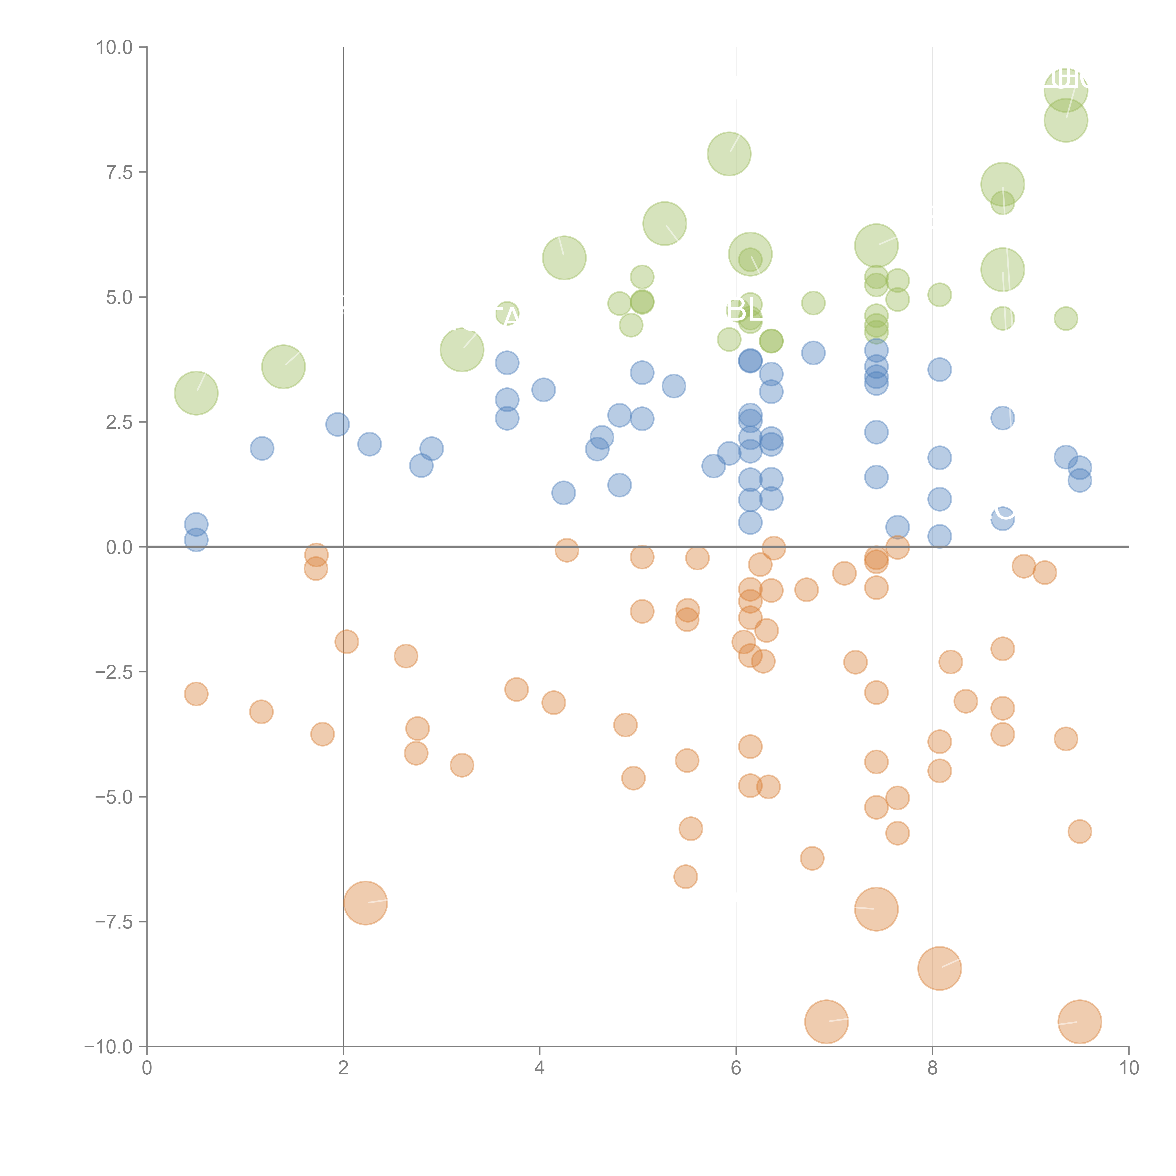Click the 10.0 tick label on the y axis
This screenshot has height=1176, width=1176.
pos(115,48)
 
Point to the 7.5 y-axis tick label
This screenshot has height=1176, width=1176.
pos(119,172)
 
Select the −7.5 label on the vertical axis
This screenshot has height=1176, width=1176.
pos(115,922)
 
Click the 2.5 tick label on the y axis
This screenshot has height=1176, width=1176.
pos(119,422)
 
